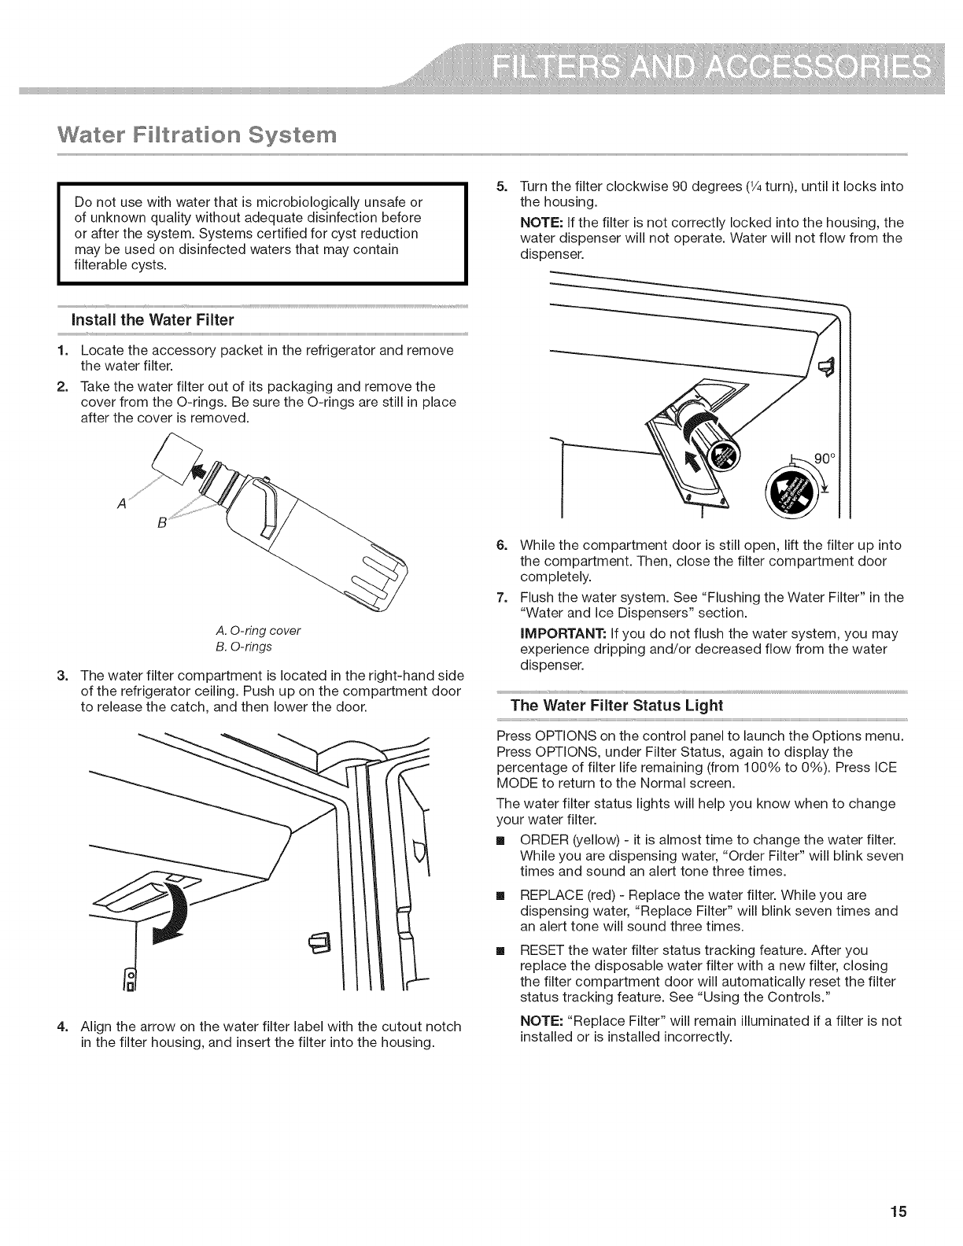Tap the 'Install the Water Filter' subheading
pyautogui.click(x=153, y=320)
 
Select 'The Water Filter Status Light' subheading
pyautogui.click(x=616, y=705)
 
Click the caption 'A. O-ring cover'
pyautogui.click(x=258, y=631)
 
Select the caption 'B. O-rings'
pyautogui.click(x=243, y=647)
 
